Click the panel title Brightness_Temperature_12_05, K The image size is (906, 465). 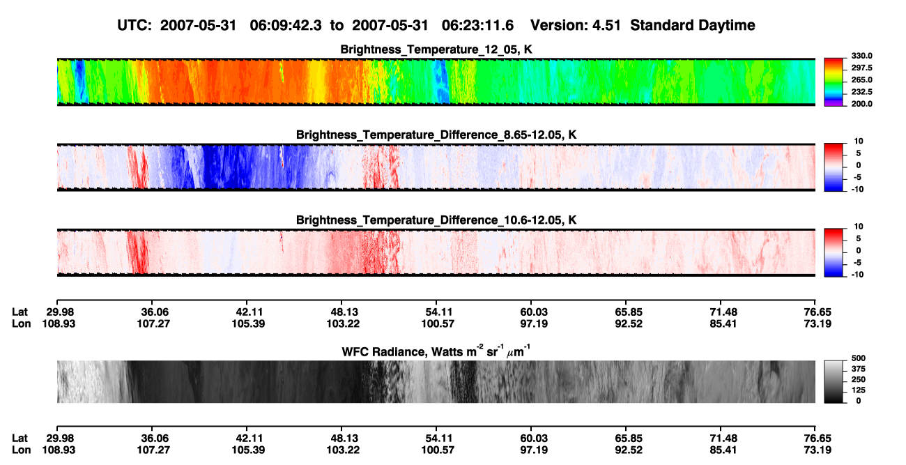[436, 49]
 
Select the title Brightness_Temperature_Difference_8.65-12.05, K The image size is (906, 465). [436, 135]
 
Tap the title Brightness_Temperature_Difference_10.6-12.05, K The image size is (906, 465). [436, 220]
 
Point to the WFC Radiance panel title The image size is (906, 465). [436, 351]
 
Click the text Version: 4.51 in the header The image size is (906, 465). [575, 26]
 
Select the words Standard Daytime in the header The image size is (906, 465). [693, 26]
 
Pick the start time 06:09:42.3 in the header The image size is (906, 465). [286, 26]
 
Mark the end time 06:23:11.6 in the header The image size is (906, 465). [477, 26]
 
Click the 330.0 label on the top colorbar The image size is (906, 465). [861, 56]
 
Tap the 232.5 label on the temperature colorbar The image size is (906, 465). [861, 92]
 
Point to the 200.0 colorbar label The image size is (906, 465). [861, 104]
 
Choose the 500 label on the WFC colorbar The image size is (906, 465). [858, 358]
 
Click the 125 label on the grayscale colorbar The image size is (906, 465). [858, 390]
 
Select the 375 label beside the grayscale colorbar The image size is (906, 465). [858, 369]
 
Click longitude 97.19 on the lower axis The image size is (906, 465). [533, 450]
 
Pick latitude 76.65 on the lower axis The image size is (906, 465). [817, 439]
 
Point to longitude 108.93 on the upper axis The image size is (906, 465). [59, 323]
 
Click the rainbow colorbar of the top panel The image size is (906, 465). [834, 82]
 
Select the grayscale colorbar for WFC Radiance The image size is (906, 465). [834, 381]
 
